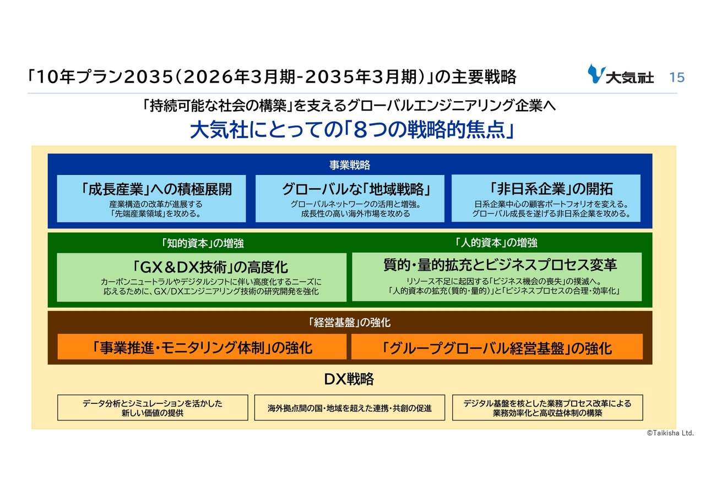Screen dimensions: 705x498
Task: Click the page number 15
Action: coord(677,78)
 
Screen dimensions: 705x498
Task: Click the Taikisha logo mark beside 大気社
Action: coord(596,73)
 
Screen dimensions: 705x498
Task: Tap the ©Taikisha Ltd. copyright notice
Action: coord(670,433)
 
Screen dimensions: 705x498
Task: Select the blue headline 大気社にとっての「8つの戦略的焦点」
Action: coord(352,130)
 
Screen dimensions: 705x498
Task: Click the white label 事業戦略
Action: coord(350,165)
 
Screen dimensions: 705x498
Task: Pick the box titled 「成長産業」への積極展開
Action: coord(151,199)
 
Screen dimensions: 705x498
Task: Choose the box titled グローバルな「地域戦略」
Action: coord(350,199)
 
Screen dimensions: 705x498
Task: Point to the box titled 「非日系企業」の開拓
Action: coord(546,198)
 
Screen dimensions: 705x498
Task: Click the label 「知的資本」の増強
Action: coord(202,243)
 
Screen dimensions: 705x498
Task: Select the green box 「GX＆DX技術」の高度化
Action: coord(202,277)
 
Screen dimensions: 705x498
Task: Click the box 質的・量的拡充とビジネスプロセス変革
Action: coord(497,277)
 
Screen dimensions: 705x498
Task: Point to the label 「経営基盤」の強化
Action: coord(349,322)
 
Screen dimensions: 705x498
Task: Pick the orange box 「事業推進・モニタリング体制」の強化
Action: coord(202,347)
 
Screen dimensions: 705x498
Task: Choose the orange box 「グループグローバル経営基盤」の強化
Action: coord(497,347)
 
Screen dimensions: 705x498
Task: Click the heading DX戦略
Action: coord(349,379)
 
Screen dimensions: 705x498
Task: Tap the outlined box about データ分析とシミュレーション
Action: coord(153,407)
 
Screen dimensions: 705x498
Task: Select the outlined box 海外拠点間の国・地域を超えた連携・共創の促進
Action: coord(350,407)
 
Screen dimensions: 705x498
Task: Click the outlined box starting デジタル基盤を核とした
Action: coord(547,407)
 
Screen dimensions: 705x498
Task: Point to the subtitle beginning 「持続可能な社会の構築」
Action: coord(349,106)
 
